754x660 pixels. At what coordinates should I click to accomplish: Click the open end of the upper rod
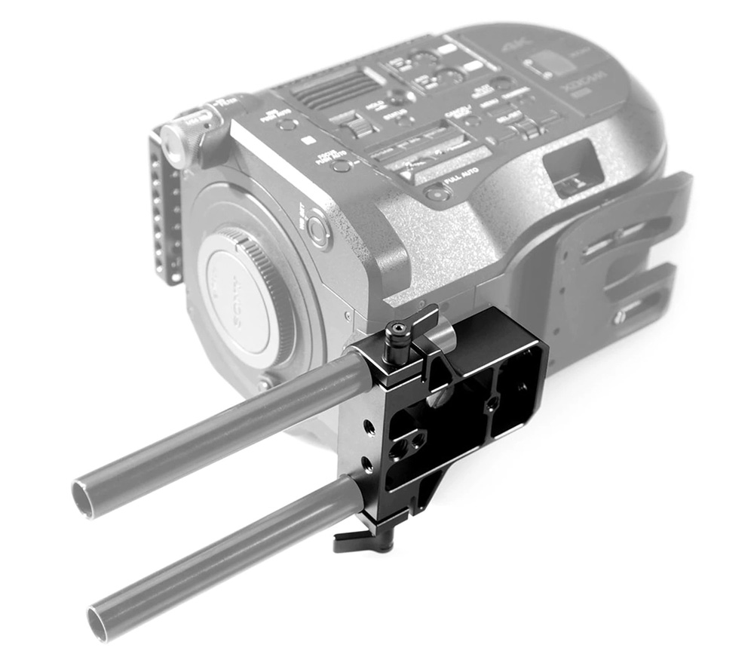click(83, 499)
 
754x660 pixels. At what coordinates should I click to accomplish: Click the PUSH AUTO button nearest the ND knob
click(287, 121)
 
